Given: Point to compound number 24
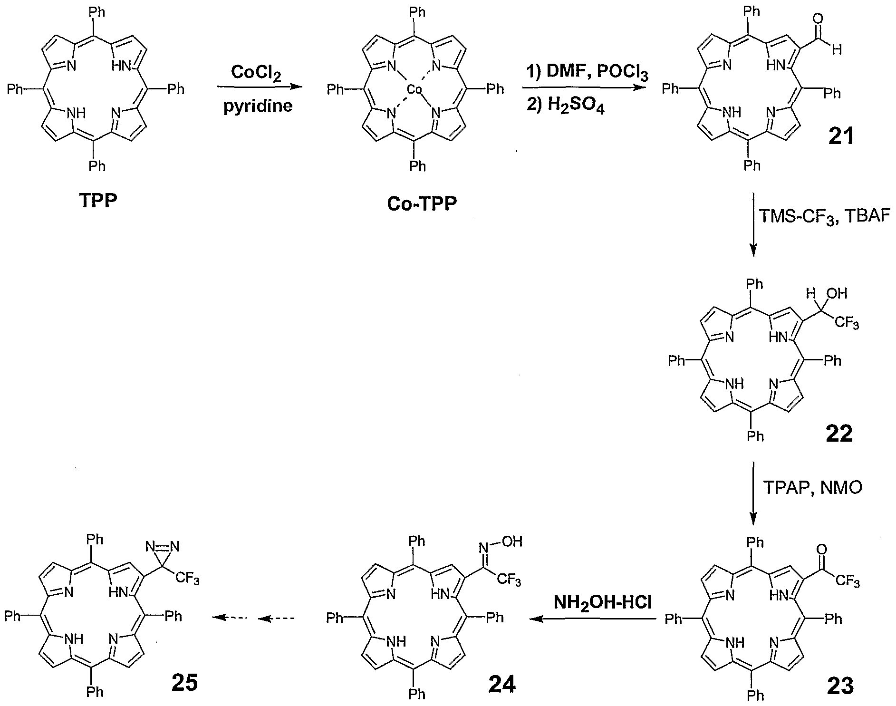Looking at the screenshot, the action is (x=502, y=685).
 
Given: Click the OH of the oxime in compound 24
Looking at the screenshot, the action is (x=513, y=542).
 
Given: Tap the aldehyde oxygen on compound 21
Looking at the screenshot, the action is (x=818, y=19).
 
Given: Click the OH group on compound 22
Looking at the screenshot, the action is (x=839, y=293).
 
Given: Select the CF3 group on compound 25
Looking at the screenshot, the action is (x=187, y=580).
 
